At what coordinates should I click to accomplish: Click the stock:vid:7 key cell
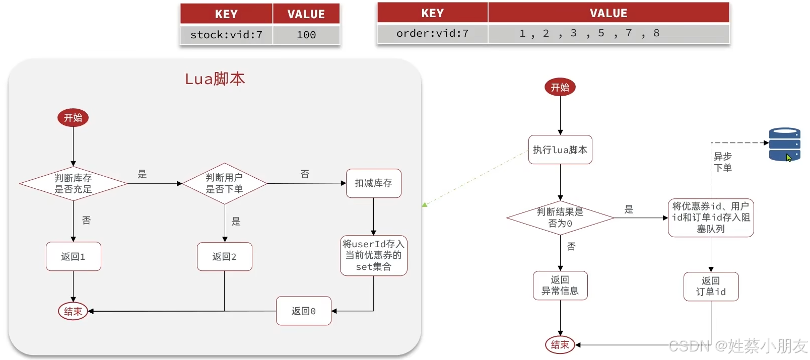pyautogui.click(x=226, y=35)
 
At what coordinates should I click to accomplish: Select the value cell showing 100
pyautogui.click(x=306, y=35)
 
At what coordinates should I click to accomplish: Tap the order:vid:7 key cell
pyautogui.click(x=432, y=33)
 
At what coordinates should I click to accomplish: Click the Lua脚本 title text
pyautogui.click(x=215, y=79)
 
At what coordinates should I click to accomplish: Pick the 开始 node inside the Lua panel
pyautogui.click(x=73, y=118)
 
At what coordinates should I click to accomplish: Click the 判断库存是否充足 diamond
pyautogui.click(x=73, y=184)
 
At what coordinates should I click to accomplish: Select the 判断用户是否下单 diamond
pyautogui.click(x=224, y=184)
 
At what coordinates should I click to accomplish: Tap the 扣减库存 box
pyautogui.click(x=373, y=183)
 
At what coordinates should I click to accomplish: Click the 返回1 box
pyautogui.click(x=73, y=257)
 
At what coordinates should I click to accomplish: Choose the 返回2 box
pyautogui.click(x=224, y=257)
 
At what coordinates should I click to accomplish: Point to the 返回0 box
pyautogui.click(x=303, y=311)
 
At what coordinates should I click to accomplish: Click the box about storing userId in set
pyautogui.click(x=373, y=256)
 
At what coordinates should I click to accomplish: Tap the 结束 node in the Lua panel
pyautogui.click(x=73, y=311)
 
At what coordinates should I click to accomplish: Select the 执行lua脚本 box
pyautogui.click(x=560, y=150)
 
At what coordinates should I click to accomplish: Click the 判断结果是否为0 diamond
pyautogui.click(x=560, y=218)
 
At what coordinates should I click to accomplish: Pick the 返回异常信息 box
pyautogui.click(x=560, y=285)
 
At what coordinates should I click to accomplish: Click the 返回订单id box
pyautogui.click(x=711, y=286)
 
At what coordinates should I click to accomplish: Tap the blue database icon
pyautogui.click(x=784, y=145)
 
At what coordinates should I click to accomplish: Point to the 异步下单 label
pyautogui.click(x=723, y=162)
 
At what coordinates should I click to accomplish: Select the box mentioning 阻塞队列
pyautogui.click(x=711, y=218)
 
